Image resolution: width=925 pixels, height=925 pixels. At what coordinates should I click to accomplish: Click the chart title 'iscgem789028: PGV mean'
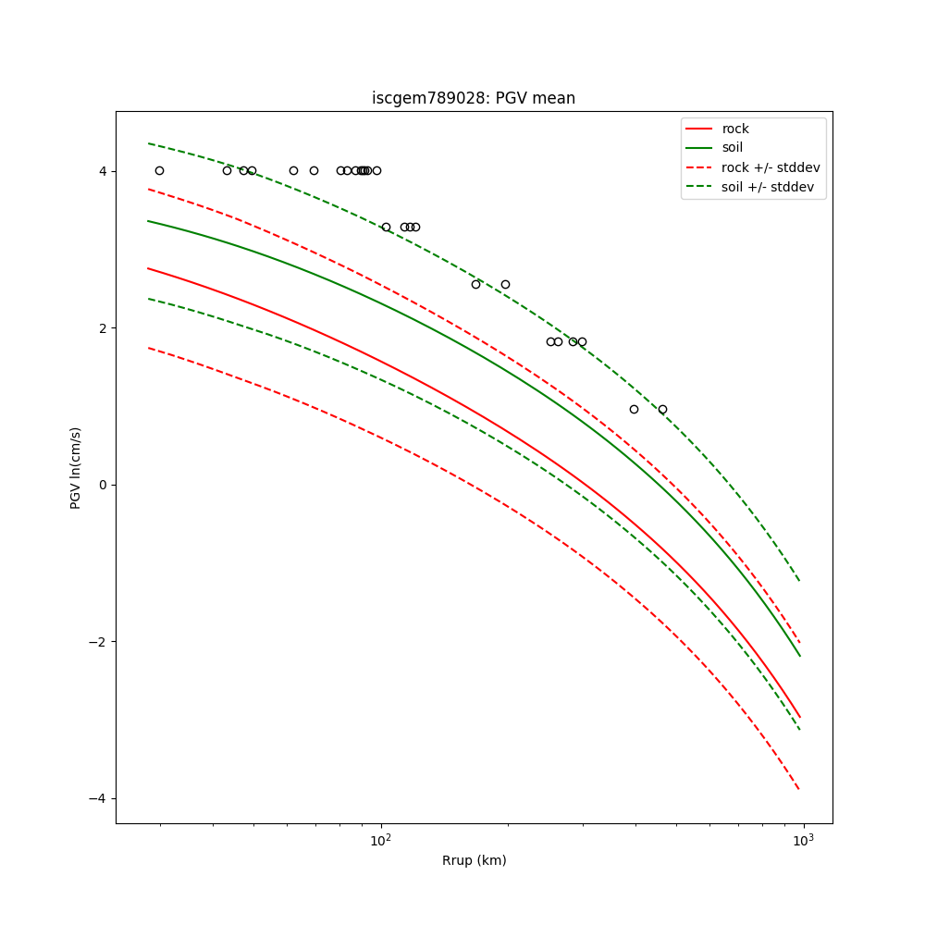(x=474, y=98)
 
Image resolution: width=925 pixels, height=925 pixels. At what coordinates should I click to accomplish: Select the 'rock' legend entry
(x=735, y=129)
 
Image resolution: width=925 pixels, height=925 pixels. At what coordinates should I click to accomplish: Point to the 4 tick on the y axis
(x=105, y=171)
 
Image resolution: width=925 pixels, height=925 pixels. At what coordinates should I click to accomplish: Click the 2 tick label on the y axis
(x=105, y=328)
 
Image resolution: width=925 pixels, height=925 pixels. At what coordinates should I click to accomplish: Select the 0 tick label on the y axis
(x=105, y=485)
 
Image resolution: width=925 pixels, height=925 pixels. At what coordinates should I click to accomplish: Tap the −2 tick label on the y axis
(x=101, y=642)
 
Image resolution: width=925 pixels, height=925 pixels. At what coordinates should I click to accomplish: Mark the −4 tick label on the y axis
(x=101, y=798)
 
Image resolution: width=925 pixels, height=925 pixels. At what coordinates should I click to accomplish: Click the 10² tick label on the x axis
(x=381, y=841)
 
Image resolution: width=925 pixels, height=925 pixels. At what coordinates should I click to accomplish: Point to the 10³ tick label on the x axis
(x=803, y=841)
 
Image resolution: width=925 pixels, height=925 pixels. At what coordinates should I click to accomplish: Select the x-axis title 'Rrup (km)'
(x=474, y=860)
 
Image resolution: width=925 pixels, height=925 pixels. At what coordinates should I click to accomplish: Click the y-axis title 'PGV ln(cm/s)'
(x=76, y=467)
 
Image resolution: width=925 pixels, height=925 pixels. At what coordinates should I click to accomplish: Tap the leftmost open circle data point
(x=159, y=170)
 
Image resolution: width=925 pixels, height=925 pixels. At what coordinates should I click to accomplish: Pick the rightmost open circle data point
(x=662, y=409)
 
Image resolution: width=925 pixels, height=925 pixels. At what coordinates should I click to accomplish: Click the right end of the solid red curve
(x=799, y=717)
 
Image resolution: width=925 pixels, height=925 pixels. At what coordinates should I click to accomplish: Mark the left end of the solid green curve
(x=148, y=221)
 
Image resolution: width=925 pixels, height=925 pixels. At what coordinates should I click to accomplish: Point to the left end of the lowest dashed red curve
(x=148, y=348)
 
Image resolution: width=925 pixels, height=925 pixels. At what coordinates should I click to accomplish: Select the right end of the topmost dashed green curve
(x=799, y=581)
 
